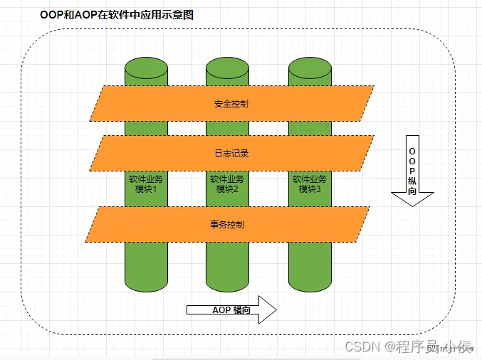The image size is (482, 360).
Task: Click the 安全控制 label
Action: click(x=231, y=103)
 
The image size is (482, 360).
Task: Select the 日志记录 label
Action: click(x=231, y=153)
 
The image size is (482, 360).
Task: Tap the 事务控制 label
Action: click(x=228, y=224)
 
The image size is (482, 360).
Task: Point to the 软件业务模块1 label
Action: click(x=146, y=184)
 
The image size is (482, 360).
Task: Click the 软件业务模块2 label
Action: click(x=227, y=184)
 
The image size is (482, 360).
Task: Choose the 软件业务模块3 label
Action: click(x=310, y=184)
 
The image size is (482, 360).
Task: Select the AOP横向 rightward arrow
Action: click(x=231, y=310)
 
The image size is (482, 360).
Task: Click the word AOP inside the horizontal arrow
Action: click(x=222, y=310)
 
